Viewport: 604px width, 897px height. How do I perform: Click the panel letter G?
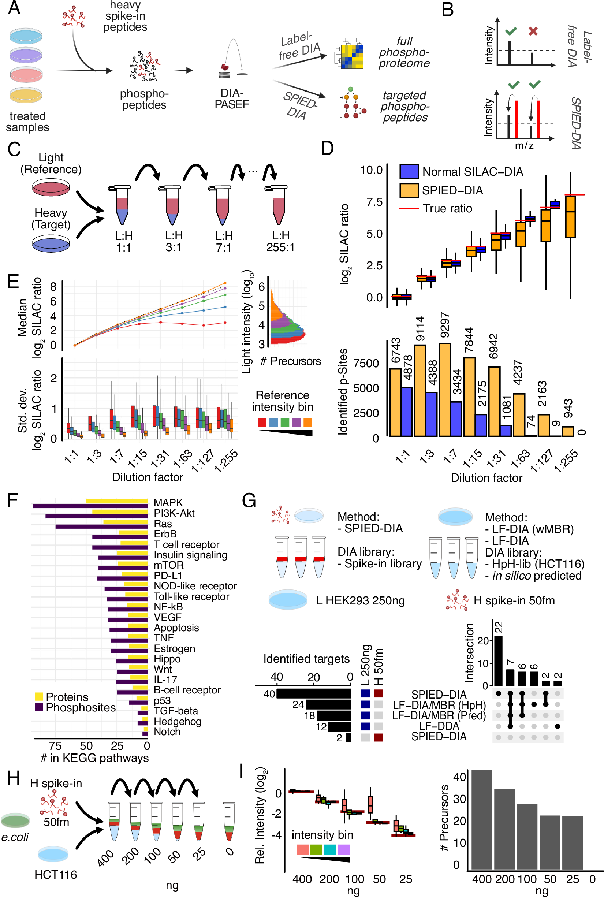point(249,501)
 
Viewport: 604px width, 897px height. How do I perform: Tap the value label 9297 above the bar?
point(444,325)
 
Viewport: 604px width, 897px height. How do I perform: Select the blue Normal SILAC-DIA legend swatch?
point(409,171)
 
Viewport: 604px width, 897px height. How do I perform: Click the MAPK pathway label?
point(168,502)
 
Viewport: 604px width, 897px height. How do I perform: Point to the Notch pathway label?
point(167,731)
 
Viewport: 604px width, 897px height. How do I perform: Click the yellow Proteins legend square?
point(38,697)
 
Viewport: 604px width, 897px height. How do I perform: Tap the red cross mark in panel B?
point(533,31)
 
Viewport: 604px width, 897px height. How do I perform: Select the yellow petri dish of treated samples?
point(26,94)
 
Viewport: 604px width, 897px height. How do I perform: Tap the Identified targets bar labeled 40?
point(314,694)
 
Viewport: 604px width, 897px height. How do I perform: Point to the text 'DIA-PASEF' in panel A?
point(232,98)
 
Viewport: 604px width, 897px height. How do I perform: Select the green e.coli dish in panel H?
point(15,820)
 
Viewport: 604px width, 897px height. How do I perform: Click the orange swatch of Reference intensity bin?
point(308,422)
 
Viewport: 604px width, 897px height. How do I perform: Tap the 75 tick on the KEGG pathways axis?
point(55,745)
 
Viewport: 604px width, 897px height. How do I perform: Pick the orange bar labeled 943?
point(568,431)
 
